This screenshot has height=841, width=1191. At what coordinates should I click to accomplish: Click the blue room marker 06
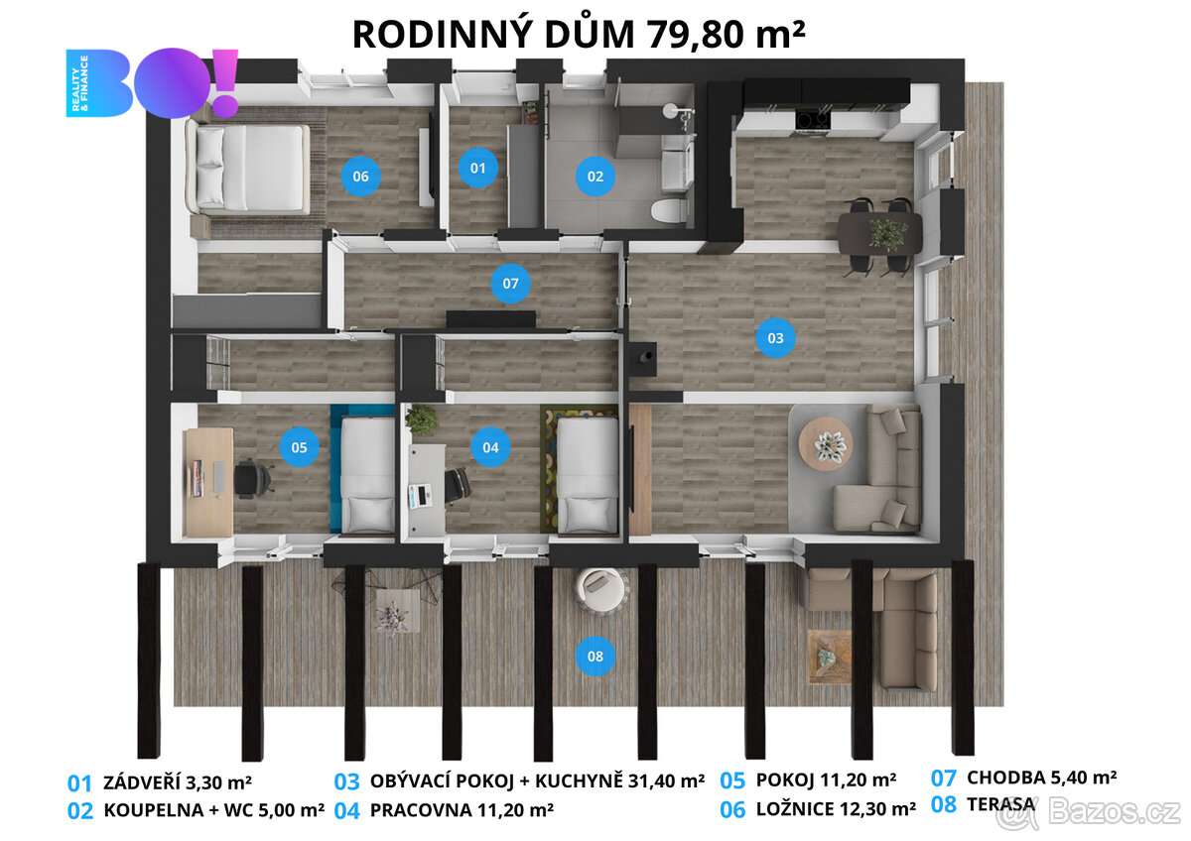(x=360, y=177)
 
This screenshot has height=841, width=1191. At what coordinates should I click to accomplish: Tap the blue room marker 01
(x=478, y=168)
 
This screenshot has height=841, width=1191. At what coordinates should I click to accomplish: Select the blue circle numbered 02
(x=595, y=177)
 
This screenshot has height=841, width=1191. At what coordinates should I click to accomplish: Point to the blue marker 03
(x=775, y=337)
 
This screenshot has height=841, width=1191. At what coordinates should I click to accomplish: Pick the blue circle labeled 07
(x=511, y=285)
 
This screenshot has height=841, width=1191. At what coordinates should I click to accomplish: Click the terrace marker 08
(x=595, y=656)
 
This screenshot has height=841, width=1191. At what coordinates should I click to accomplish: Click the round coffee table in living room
(x=826, y=442)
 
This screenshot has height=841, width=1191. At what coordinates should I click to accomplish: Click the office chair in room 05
(x=253, y=478)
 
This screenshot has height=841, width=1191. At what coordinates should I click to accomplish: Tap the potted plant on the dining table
(x=887, y=233)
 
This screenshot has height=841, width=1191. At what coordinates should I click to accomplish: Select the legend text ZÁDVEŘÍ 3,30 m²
(x=180, y=781)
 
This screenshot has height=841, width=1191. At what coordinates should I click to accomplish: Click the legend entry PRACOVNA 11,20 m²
(x=461, y=809)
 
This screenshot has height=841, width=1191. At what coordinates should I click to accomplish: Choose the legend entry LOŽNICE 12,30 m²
(x=835, y=809)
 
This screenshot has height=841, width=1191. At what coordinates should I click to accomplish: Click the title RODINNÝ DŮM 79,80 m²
(x=579, y=34)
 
